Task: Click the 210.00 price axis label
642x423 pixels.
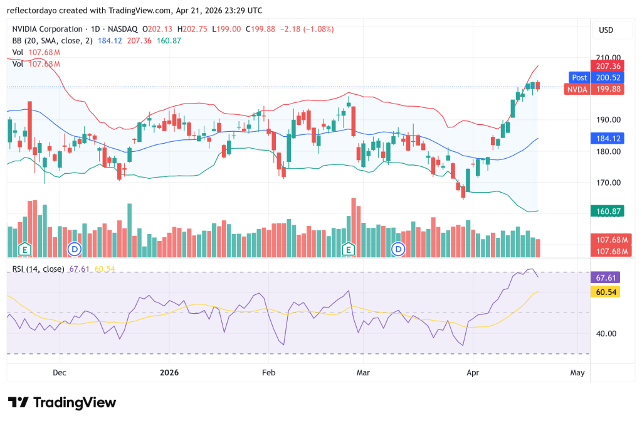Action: pyautogui.click(x=608, y=58)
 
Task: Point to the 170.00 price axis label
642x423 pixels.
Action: pyautogui.click(x=608, y=183)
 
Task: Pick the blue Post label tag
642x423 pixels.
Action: pyautogui.click(x=579, y=77)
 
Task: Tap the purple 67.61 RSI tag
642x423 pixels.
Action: pyautogui.click(x=606, y=277)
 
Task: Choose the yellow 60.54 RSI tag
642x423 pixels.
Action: pyautogui.click(x=606, y=292)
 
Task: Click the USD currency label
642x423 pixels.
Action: pyautogui.click(x=606, y=29)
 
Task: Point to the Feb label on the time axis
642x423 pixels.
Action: pyautogui.click(x=268, y=373)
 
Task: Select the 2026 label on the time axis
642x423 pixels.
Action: pyautogui.click(x=169, y=373)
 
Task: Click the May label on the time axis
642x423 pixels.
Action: pyautogui.click(x=577, y=373)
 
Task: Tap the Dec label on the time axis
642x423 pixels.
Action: pyautogui.click(x=60, y=373)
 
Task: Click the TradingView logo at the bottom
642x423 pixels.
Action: pyautogui.click(x=62, y=402)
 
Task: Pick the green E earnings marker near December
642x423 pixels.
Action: pyautogui.click(x=25, y=249)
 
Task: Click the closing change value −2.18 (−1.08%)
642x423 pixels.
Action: pyautogui.click(x=307, y=29)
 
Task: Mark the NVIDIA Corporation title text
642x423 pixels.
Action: pyautogui.click(x=47, y=29)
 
